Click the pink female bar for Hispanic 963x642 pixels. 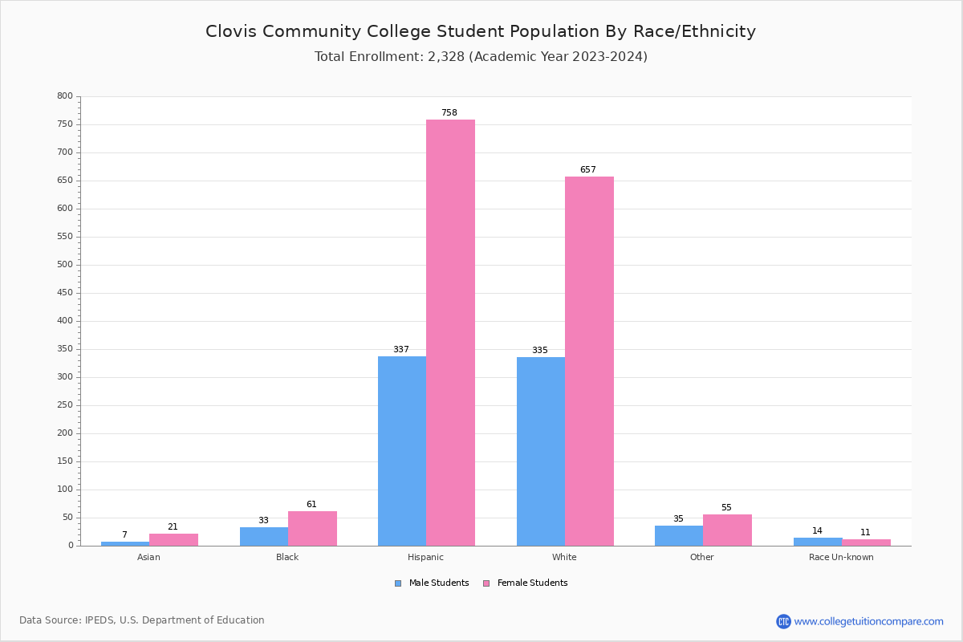tap(450, 332)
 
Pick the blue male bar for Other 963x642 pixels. tap(679, 535)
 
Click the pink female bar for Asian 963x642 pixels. tap(173, 539)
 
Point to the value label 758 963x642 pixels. tap(449, 113)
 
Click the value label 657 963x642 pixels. tap(588, 170)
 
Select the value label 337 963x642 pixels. tap(401, 350)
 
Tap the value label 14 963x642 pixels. tap(817, 531)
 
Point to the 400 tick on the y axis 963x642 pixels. tap(65, 321)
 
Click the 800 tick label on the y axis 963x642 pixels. tap(65, 96)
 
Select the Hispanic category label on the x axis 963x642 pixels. tap(425, 558)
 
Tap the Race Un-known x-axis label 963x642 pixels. tap(841, 558)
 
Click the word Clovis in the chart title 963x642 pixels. tap(232, 32)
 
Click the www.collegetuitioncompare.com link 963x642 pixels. tap(868, 621)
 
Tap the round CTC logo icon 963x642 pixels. tap(783, 621)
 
